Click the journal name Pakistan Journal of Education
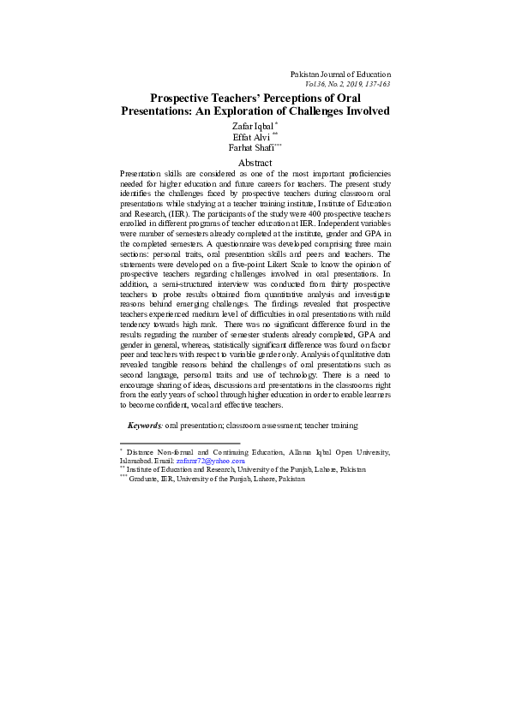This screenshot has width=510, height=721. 340,74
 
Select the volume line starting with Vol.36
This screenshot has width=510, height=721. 347,85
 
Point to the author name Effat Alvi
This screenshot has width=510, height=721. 250,137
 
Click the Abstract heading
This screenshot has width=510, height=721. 255,163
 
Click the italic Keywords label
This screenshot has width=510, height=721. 144,425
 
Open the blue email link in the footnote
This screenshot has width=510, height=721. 210,461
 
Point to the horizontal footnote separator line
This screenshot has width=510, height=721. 180,444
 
